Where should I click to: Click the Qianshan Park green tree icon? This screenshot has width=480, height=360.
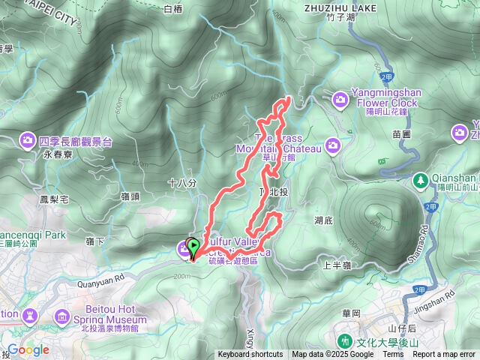(x=421, y=180)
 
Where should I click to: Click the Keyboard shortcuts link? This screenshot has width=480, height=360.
(x=250, y=355)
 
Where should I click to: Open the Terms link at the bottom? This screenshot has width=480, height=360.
(x=393, y=355)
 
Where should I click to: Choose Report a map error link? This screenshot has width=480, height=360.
(x=444, y=355)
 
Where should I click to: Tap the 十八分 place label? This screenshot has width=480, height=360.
(x=182, y=182)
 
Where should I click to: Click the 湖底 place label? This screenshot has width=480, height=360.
(x=325, y=220)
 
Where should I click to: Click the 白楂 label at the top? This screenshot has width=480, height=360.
(x=172, y=10)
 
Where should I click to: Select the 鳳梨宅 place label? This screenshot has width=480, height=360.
(x=53, y=199)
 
